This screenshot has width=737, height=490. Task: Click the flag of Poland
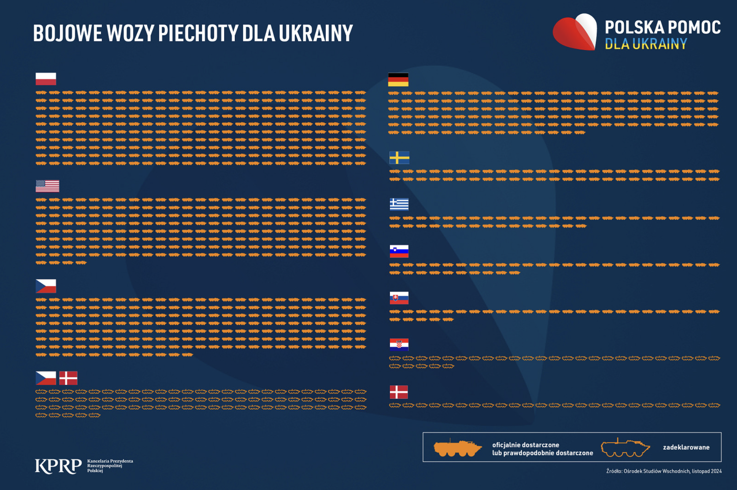click(x=46, y=79)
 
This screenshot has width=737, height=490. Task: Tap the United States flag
click(x=47, y=186)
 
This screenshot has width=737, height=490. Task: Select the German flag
click(x=398, y=80)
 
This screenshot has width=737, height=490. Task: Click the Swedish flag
click(x=399, y=157)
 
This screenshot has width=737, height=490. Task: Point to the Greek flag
click(x=399, y=204)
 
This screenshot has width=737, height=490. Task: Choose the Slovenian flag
click(x=399, y=251)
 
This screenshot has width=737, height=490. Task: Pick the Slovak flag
click(x=399, y=298)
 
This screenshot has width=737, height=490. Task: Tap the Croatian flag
click(x=399, y=345)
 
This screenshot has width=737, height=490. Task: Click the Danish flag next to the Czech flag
click(x=69, y=378)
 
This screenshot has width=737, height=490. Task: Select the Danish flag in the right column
click(x=399, y=392)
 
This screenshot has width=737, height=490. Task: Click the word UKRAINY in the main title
click(x=316, y=33)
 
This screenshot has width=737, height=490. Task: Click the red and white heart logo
click(x=575, y=32)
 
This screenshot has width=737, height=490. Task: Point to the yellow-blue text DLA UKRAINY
click(x=646, y=44)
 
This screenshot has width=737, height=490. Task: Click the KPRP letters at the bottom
click(x=58, y=466)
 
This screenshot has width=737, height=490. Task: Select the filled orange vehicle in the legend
click(x=457, y=448)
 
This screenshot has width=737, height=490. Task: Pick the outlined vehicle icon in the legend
click(x=625, y=448)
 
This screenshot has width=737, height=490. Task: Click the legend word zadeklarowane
click(x=686, y=447)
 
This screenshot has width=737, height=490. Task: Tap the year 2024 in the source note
click(x=716, y=471)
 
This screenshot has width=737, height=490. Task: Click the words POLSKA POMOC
click(x=662, y=27)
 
